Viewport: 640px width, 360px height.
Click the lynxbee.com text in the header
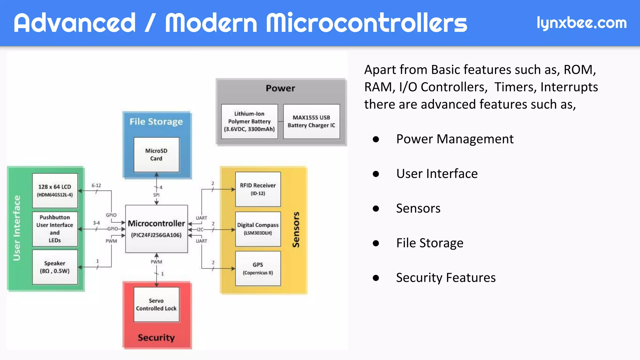point(581,23)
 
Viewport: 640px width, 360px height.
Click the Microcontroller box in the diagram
point(156,229)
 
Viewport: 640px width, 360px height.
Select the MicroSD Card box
point(156,155)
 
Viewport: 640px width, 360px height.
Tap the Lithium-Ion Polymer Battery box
point(249,122)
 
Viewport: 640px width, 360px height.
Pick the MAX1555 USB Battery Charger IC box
point(311,122)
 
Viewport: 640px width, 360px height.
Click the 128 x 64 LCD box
point(55,191)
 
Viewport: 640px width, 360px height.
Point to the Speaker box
point(55,267)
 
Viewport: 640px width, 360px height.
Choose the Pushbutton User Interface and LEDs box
point(55,229)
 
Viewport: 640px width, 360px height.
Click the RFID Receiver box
point(258,189)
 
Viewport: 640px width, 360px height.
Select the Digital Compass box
point(258,229)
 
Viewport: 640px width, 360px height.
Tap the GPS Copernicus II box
point(258,268)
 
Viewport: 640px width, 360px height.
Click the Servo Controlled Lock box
point(156,304)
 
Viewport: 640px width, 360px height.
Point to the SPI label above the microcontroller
point(156,195)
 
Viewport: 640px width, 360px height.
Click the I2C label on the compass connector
point(200,230)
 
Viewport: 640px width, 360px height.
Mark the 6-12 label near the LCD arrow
point(96,186)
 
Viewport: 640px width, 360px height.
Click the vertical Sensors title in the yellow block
point(296,230)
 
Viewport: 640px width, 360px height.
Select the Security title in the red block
point(156,337)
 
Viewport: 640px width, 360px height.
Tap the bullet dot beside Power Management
point(376,139)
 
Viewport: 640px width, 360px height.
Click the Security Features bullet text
point(446,277)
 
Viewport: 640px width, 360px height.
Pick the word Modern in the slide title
point(211,23)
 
